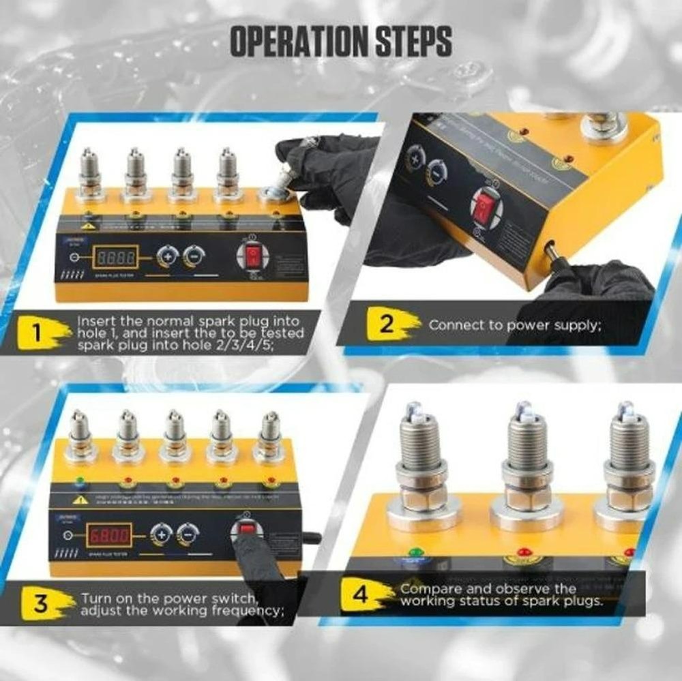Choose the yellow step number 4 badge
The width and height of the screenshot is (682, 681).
click(364, 594)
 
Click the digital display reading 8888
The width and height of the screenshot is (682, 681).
click(116, 257)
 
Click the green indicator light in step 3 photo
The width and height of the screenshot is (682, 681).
click(80, 481)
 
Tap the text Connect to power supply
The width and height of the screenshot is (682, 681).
click(514, 325)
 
